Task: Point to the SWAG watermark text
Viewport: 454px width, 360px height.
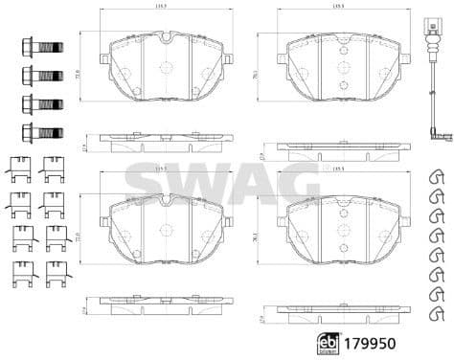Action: coord(222,182)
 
